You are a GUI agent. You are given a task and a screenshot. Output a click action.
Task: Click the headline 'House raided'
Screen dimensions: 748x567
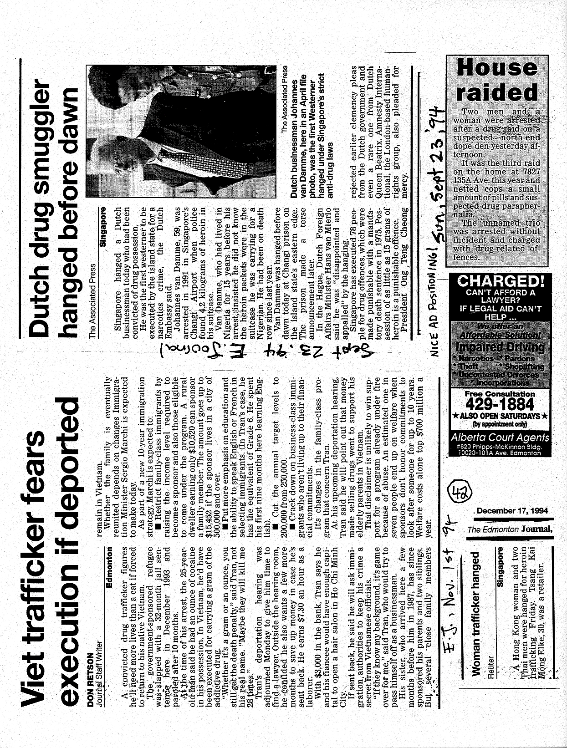coord(497,80)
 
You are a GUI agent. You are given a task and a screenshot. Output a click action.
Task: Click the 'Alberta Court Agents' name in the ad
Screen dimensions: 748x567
coord(500,438)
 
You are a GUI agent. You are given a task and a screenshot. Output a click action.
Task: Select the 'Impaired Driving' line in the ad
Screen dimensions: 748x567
coord(500,347)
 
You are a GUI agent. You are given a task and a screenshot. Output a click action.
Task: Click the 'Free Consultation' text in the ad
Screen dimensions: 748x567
coord(500,393)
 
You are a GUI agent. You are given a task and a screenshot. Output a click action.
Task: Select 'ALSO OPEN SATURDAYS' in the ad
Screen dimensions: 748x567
coord(500,416)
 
